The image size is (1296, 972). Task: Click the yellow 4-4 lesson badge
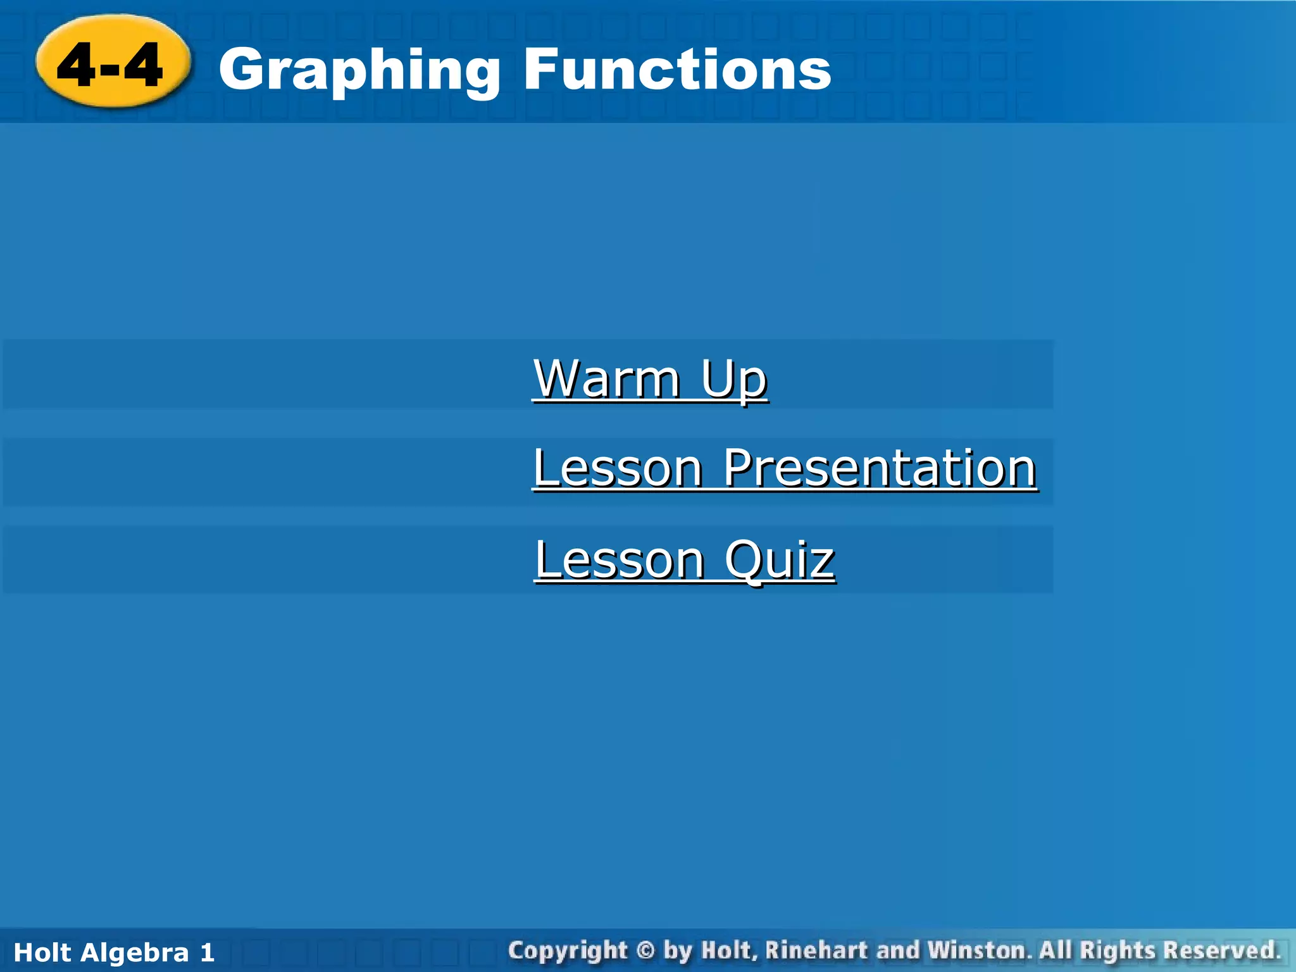coord(112,63)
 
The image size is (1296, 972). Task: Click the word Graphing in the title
coord(359,71)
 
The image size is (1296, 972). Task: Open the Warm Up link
coord(651,379)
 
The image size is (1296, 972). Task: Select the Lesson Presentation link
coord(785,468)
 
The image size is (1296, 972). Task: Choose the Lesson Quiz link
coord(685,560)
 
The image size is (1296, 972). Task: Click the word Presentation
coord(880,468)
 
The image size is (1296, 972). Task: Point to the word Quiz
coord(780,560)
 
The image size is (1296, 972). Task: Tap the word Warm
coord(606,379)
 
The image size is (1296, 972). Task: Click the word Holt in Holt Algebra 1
coord(43,952)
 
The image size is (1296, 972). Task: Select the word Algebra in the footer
coord(135,952)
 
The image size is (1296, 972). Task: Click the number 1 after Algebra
coord(207,952)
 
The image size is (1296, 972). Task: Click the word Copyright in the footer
coord(567,950)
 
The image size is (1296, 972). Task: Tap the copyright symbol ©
coord(645,950)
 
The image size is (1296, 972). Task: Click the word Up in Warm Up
coord(734,379)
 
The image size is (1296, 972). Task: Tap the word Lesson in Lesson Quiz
coord(619,560)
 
